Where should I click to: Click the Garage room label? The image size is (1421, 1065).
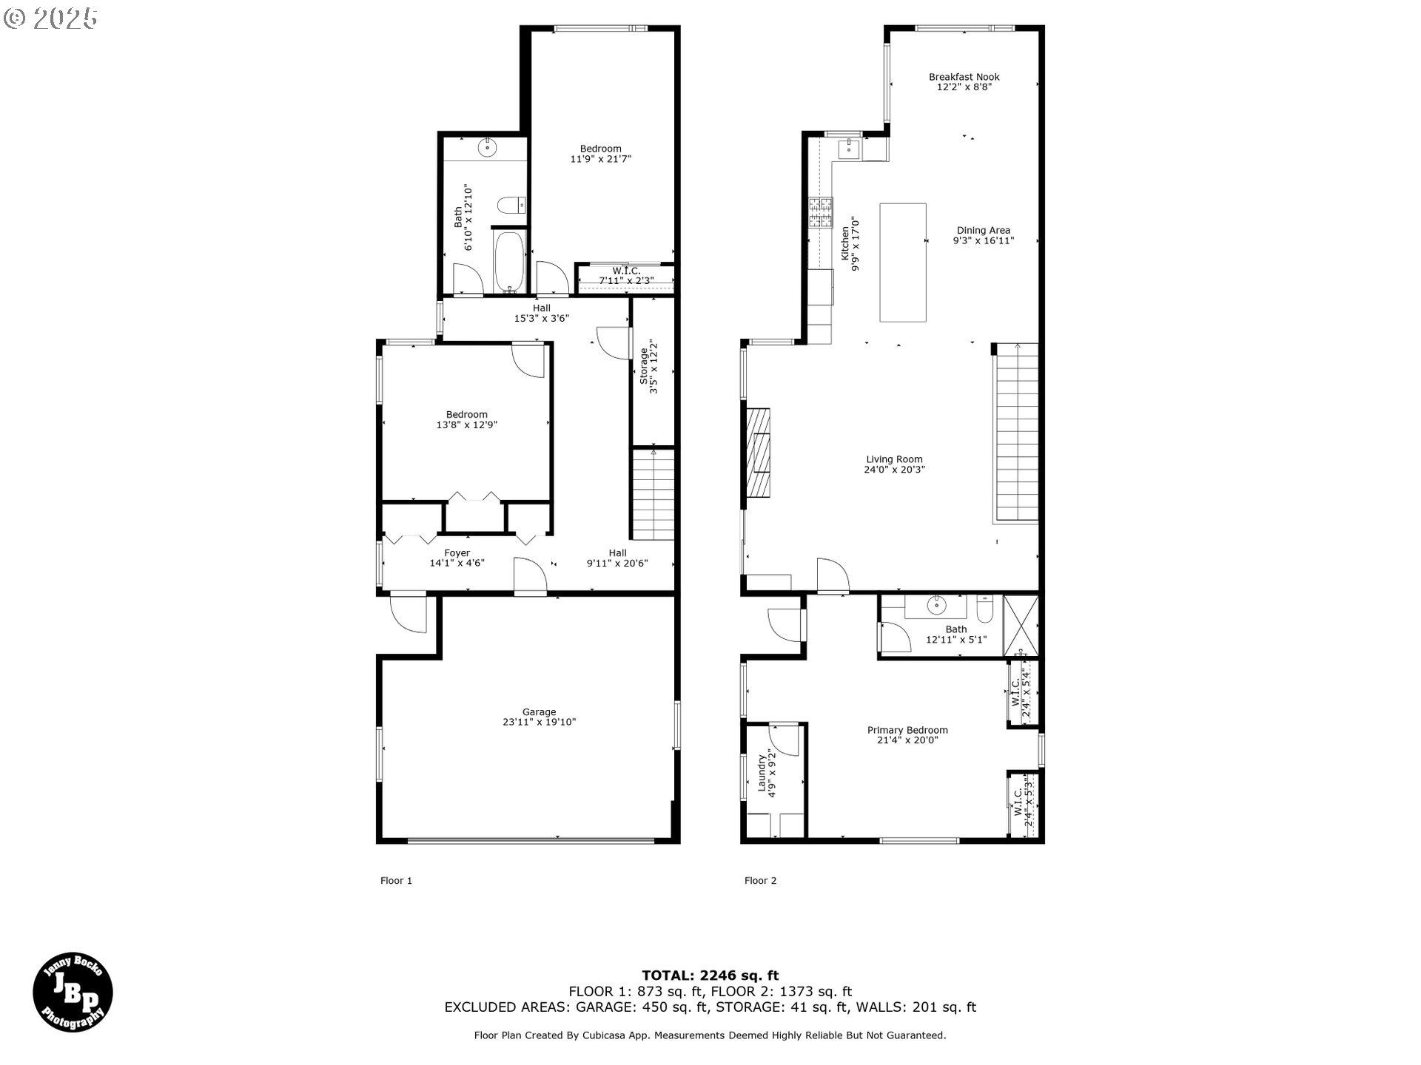[539, 712]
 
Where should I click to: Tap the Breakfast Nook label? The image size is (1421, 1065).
[964, 77]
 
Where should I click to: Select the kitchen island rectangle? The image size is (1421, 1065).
[902, 263]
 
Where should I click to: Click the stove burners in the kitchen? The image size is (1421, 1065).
[821, 212]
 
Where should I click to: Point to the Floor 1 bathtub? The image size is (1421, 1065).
[509, 262]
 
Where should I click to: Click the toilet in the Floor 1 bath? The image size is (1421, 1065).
[511, 205]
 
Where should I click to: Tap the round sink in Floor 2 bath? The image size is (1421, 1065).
[937, 606]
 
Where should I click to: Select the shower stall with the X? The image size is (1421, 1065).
[1021, 626]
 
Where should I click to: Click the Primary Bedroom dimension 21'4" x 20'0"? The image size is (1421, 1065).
[907, 740]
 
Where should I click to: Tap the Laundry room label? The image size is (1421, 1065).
[761, 772]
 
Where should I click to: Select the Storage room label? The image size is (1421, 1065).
[643, 366]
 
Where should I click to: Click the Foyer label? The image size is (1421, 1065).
[457, 553]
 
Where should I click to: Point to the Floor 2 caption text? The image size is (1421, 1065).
[760, 880]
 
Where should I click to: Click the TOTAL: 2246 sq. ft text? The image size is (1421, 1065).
[710, 976]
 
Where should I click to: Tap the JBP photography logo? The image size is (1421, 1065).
[73, 992]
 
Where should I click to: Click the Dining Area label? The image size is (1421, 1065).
[983, 230]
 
